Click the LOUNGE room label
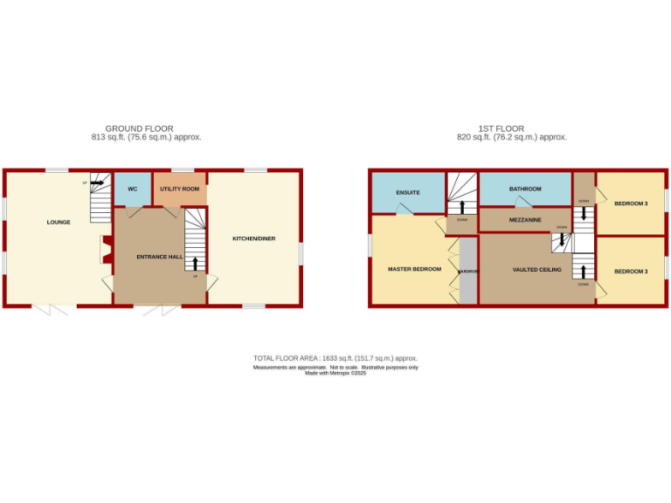click(x=59, y=223)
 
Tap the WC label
click(x=133, y=189)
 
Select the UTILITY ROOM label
click(x=179, y=189)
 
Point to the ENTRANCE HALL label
click(x=159, y=257)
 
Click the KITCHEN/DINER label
click(x=253, y=238)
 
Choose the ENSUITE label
click(x=408, y=192)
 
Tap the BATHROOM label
click(x=526, y=189)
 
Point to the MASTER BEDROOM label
click(x=414, y=269)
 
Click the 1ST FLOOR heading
click(x=511, y=128)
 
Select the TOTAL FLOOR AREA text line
click(x=335, y=358)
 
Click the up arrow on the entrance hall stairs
click(x=195, y=263)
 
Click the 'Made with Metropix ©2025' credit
click(x=335, y=373)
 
